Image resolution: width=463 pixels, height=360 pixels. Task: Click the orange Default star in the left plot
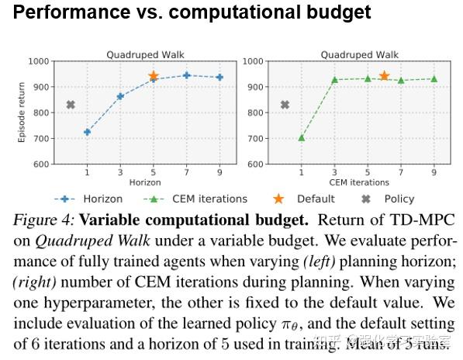click(154, 76)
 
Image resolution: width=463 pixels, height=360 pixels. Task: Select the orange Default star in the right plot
click(384, 76)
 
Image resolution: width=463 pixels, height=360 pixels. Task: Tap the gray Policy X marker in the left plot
click(71, 105)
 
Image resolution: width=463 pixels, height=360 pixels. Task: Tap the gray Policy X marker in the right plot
click(285, 105)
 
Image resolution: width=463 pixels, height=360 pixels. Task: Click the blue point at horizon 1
click(87, 132)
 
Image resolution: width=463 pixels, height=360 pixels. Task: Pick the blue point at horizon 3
click(120, 96)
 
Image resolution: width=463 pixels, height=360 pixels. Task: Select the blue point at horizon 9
click(220, 77)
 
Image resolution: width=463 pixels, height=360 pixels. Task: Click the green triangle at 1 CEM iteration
click(301, 137)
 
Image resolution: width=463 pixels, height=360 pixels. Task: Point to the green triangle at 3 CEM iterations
click(334, 79)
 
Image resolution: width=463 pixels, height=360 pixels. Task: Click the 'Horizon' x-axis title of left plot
click(145, 182)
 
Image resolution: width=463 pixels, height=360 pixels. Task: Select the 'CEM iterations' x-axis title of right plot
click(359, 182)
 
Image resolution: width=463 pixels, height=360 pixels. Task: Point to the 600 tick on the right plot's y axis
click(254, 164)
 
